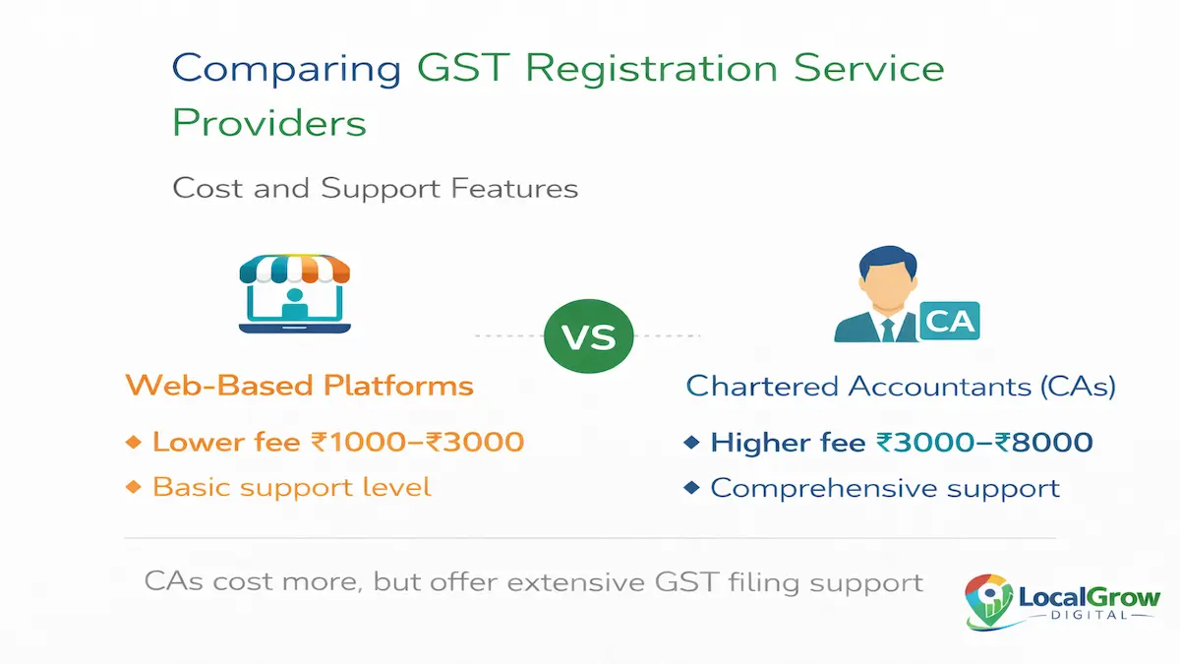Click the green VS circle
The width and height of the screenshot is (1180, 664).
(x=588, y=336)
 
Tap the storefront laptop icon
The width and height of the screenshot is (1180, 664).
(x=295, y=295)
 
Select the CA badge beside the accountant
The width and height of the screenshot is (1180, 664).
(x=949, y=322)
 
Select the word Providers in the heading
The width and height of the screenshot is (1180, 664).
(x=269, y=124)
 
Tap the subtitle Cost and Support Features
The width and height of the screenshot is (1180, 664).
(x=375, y=187)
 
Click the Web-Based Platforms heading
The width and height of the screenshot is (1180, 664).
(x=299, y=385)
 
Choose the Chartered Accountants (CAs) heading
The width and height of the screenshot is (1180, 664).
(x=901, y=386)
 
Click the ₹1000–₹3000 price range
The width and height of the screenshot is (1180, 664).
(x=417, y=442)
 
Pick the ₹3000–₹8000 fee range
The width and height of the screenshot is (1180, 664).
(x=984, y=443)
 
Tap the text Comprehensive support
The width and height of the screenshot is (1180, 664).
(x=885, y=488)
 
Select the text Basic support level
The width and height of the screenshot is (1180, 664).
(x=291, y=487)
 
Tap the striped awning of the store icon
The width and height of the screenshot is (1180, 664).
(x=295, y=268)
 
